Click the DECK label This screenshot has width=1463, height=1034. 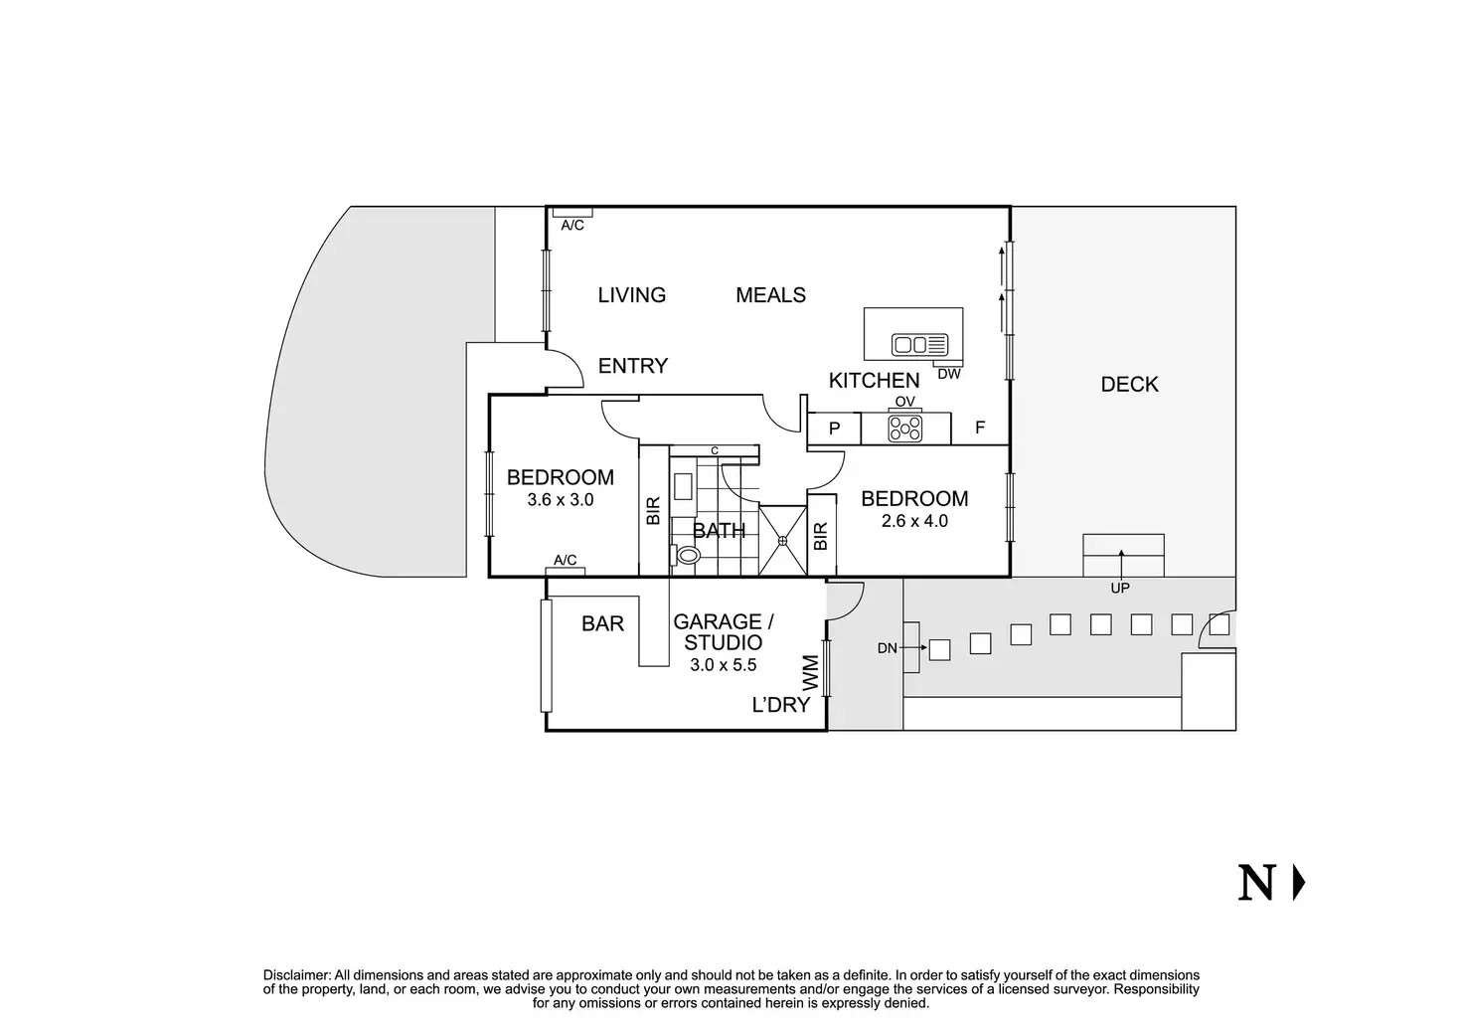point(1129,385)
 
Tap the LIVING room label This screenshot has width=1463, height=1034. point(631,295)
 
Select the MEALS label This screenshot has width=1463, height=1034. point(770,295)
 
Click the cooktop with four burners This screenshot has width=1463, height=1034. point(905,428)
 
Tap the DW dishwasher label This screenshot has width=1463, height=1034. point(948,375)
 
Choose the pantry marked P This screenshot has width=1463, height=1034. point(834,429)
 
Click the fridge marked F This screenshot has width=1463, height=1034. point(980,429)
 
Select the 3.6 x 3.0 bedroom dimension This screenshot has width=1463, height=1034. point(561,500)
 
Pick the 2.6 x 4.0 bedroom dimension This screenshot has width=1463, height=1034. point(914,521)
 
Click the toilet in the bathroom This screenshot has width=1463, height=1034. point(686,555)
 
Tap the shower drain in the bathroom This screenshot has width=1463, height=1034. point(783,540)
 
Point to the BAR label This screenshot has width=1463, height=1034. point(602,623)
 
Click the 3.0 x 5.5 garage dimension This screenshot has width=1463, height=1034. point(724,665)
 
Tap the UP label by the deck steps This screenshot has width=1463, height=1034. point(1120,588)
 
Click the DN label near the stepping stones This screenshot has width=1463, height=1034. point(888,648)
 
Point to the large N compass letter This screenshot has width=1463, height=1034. point(1256,883)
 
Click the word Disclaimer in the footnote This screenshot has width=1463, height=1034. point(296,975)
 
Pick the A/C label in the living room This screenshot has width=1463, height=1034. point(572,226)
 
